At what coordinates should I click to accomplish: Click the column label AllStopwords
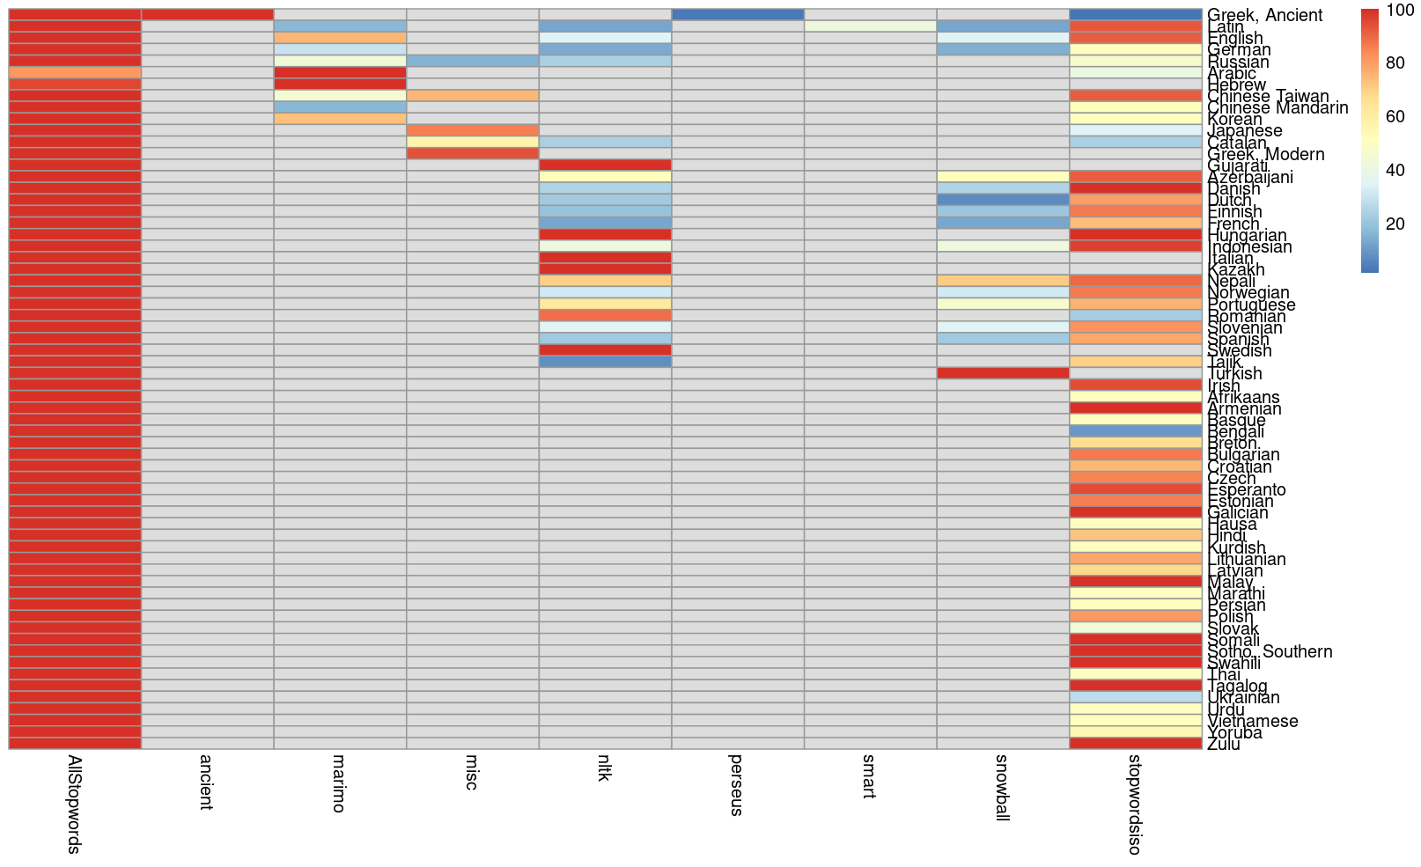[x=75, y=804]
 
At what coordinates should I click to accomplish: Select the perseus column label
[x=737, y=784]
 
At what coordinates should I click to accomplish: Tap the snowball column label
[x=1002, y=787]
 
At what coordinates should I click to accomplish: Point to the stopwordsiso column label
[x=1135, y=803]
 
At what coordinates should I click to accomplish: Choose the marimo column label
[x=340, y=783]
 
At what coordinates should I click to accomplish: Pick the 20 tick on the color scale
[x=1395, y=224]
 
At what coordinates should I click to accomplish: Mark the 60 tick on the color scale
[x=1395, y=117]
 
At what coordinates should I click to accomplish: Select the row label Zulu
[x=1224, y=745]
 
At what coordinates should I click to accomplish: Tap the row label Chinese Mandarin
[x=1277, y=108]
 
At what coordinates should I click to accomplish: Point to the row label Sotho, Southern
[x=1270, y=652]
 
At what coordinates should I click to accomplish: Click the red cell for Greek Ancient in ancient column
[x=207, y=15]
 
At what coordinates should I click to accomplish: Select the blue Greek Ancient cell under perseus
[x=738, y=15]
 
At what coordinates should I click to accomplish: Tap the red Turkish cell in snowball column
[x=1003, y=373]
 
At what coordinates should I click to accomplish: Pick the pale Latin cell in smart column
[x=870, y=26]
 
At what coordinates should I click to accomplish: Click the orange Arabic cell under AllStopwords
[x=75, y=72]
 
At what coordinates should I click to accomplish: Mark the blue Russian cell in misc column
[x=473, y=61]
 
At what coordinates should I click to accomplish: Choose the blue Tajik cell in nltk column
[x=605, y=362]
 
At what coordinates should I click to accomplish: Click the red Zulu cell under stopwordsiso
[x=1136, y=744]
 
